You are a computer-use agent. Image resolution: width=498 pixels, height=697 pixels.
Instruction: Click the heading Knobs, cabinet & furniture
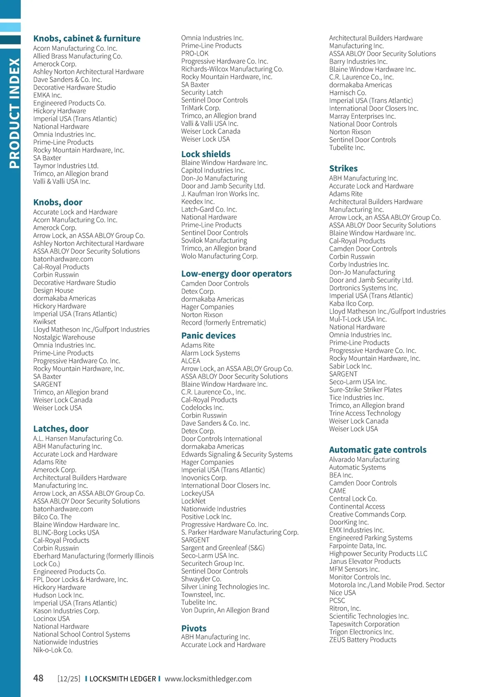[x=87, y=39]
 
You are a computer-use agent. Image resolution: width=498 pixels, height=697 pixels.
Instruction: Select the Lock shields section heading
[x=205, y=154]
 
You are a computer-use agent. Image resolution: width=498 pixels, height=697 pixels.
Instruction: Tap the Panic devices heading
[x=208, y=336]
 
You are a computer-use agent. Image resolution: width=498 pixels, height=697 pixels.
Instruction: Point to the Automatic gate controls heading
[x=377, y=450]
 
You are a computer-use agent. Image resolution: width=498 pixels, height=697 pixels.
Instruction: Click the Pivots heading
[x=193, y=628]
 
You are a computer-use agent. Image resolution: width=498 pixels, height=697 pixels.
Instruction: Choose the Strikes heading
[x=343, y=168]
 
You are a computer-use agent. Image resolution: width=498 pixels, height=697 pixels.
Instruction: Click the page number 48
[x=38, y=678]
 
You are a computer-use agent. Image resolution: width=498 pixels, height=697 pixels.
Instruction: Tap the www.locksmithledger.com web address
[x=208, y=679]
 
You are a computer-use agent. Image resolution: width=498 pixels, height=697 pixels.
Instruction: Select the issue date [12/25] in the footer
[x=69, y=679]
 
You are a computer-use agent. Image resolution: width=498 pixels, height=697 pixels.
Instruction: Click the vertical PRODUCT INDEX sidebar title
[x=14, y=113]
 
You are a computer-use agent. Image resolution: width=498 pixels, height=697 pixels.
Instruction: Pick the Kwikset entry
[x=44, y=322]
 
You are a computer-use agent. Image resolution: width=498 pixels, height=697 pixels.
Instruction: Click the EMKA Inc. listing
[x=47, y=95]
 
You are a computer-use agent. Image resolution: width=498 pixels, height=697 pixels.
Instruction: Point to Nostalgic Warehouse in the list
[x=64, y=337]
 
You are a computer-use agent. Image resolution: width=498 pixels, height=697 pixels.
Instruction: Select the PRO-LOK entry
[x=195, y=54]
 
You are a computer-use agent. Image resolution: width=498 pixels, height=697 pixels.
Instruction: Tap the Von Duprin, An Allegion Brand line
[x=225, y=610]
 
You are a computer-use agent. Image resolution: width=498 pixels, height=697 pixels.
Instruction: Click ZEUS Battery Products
[x=362, y=640]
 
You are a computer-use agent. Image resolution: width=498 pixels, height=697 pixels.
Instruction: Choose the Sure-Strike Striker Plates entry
[x=365, y=390]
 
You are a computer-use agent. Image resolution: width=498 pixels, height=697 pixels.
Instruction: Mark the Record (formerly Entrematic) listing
[x=223, y=322]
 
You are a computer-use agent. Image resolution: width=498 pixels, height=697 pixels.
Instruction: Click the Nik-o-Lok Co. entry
[x=53, y=650]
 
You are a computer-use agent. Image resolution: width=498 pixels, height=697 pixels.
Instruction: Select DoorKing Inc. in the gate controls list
[x=349, y=522]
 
